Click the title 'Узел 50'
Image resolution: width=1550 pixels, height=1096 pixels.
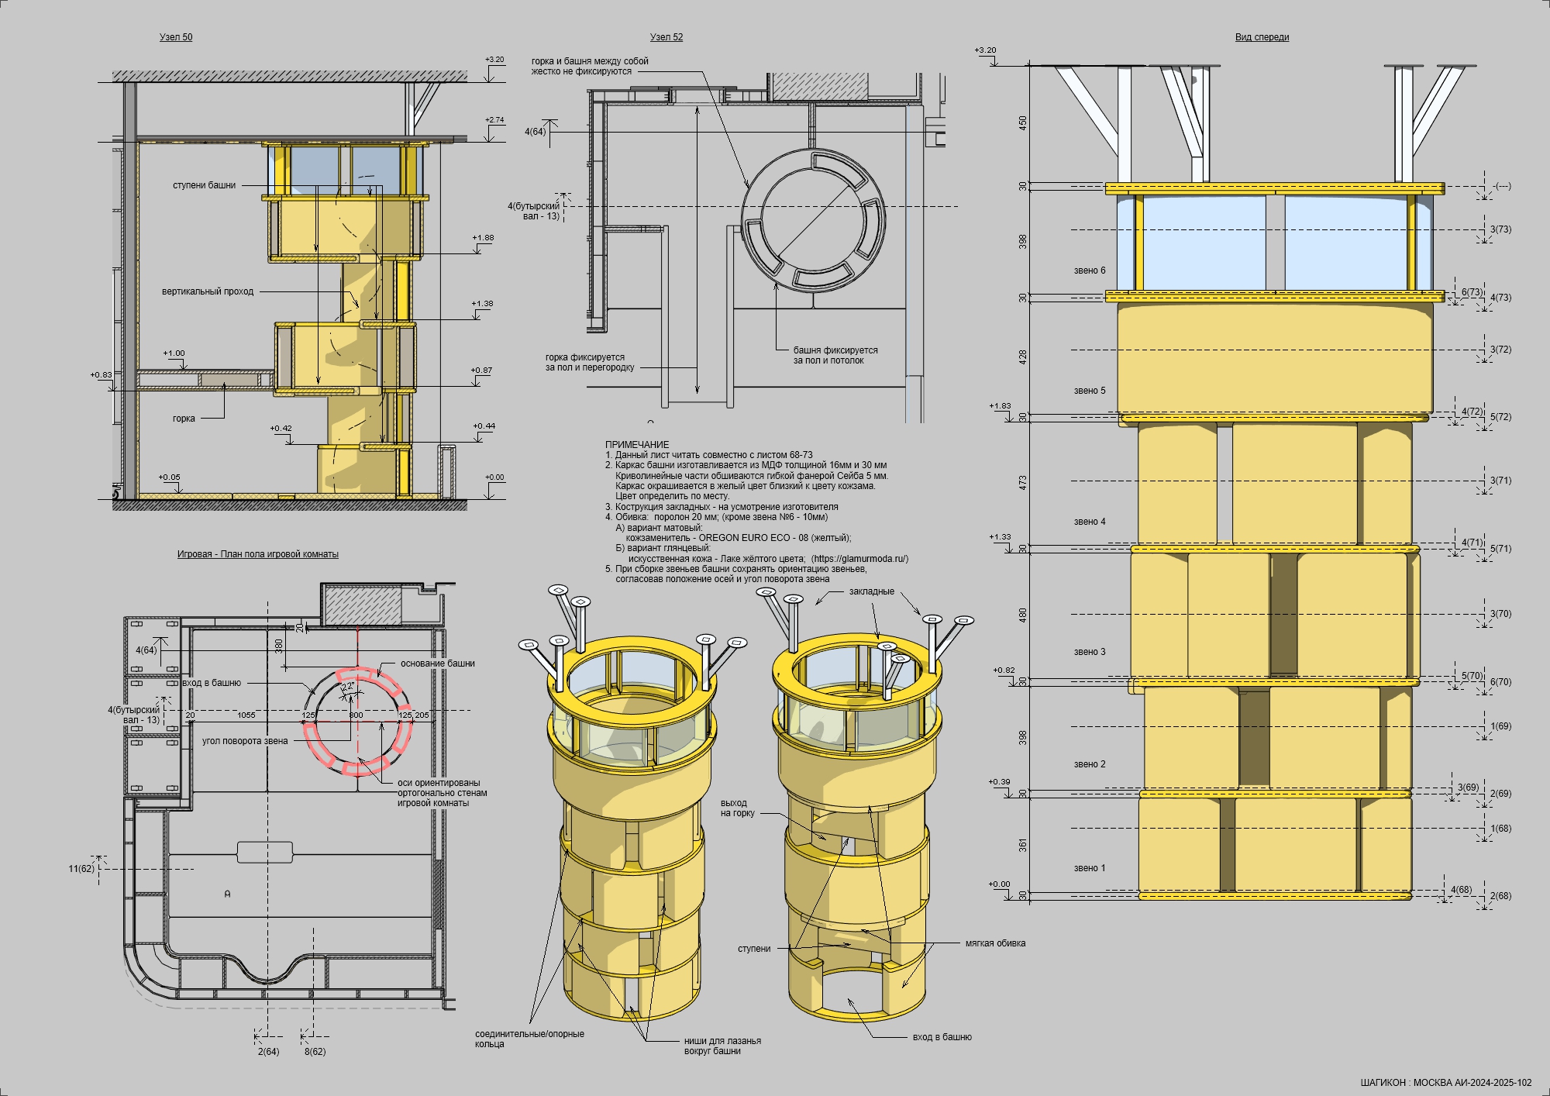click(x=176, y=37)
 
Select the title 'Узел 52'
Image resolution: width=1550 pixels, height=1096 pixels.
click(x=666, y=37)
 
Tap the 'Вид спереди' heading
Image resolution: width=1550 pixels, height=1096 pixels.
click(x=1262, y=37)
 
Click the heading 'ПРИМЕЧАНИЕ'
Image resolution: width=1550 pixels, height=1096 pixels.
click(x=637, y=445)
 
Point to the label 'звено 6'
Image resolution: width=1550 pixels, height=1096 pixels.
click(x=1090, y=271)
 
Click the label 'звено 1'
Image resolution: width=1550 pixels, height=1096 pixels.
click(x=1090, y=868)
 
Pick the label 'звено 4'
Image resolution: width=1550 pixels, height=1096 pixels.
click(x=1090, y=522)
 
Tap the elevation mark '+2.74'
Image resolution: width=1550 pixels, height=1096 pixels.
click(x=494, y=120)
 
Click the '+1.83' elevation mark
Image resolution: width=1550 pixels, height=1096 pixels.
click(x=1000, y=406)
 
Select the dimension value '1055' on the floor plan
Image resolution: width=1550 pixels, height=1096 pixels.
click(x=246, y=715)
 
